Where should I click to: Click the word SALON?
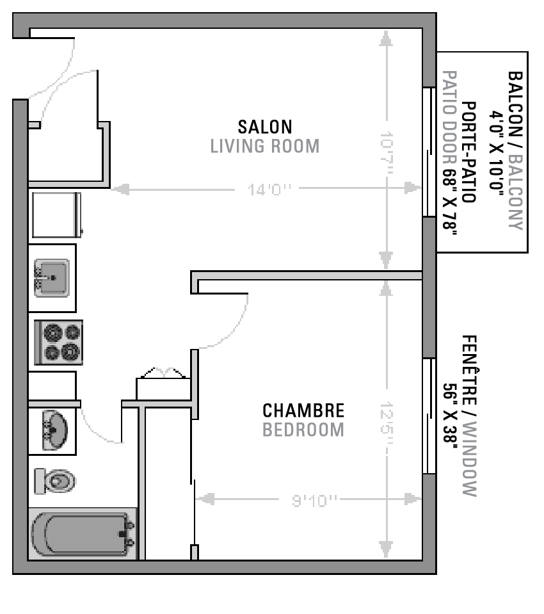tap(265, 127)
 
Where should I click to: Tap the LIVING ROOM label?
tap(265, 146)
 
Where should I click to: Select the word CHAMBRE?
tap(303, 410)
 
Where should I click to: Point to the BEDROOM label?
tap(303, 430)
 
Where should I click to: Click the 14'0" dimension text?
tap(269, 190)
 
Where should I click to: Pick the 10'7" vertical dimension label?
tap(386, 153)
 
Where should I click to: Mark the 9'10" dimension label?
tap(314, 500)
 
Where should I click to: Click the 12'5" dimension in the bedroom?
tap(386, 423)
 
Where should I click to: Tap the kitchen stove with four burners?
tap(59, 343)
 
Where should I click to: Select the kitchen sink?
tap(52, 278)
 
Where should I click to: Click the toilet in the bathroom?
tap(55, 481)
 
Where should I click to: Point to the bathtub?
tap(83, 534)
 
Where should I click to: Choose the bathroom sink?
tap(54, 430)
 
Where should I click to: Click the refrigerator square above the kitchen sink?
tap(56, 214)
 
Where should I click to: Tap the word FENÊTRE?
tap(469, 370)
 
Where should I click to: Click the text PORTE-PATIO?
tap(469, 152)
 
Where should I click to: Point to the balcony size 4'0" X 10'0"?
tap(496, 150)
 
